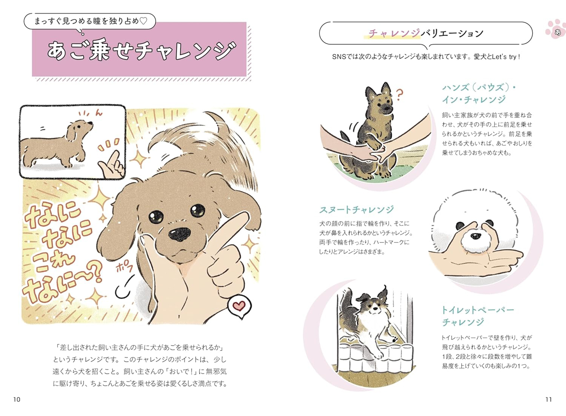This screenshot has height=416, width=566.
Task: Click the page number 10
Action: point(17,399)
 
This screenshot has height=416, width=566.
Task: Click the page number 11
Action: point(548,399)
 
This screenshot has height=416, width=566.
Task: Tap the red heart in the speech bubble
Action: point(238,306)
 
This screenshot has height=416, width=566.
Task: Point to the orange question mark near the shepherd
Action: point(399,95)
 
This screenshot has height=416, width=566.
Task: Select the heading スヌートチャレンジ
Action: point(357,210)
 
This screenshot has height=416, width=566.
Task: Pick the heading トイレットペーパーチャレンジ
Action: point(478,316)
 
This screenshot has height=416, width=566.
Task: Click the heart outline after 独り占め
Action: point(143,21)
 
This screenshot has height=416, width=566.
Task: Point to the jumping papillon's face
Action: point(374,307)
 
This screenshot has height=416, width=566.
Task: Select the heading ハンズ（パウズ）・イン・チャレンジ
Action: point(479,94)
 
